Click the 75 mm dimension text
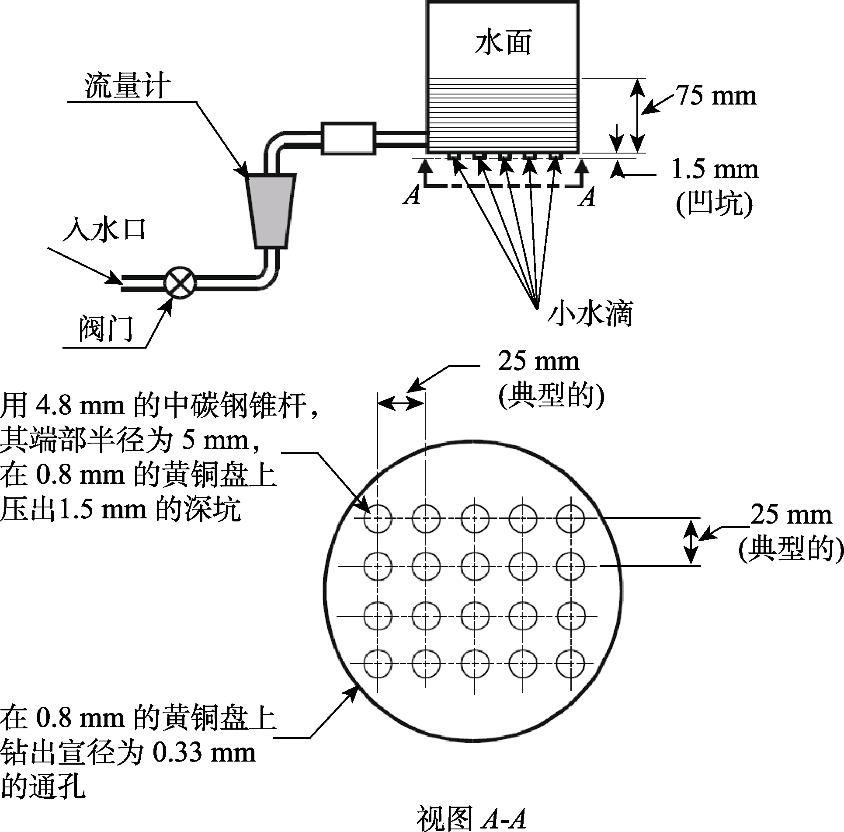716,96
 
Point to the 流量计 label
127,86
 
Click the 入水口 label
104,230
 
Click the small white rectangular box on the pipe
348,139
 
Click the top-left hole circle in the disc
378,518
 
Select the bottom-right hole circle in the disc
571,664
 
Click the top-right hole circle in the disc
571,518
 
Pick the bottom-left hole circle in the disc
378,664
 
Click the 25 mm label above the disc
538,362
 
